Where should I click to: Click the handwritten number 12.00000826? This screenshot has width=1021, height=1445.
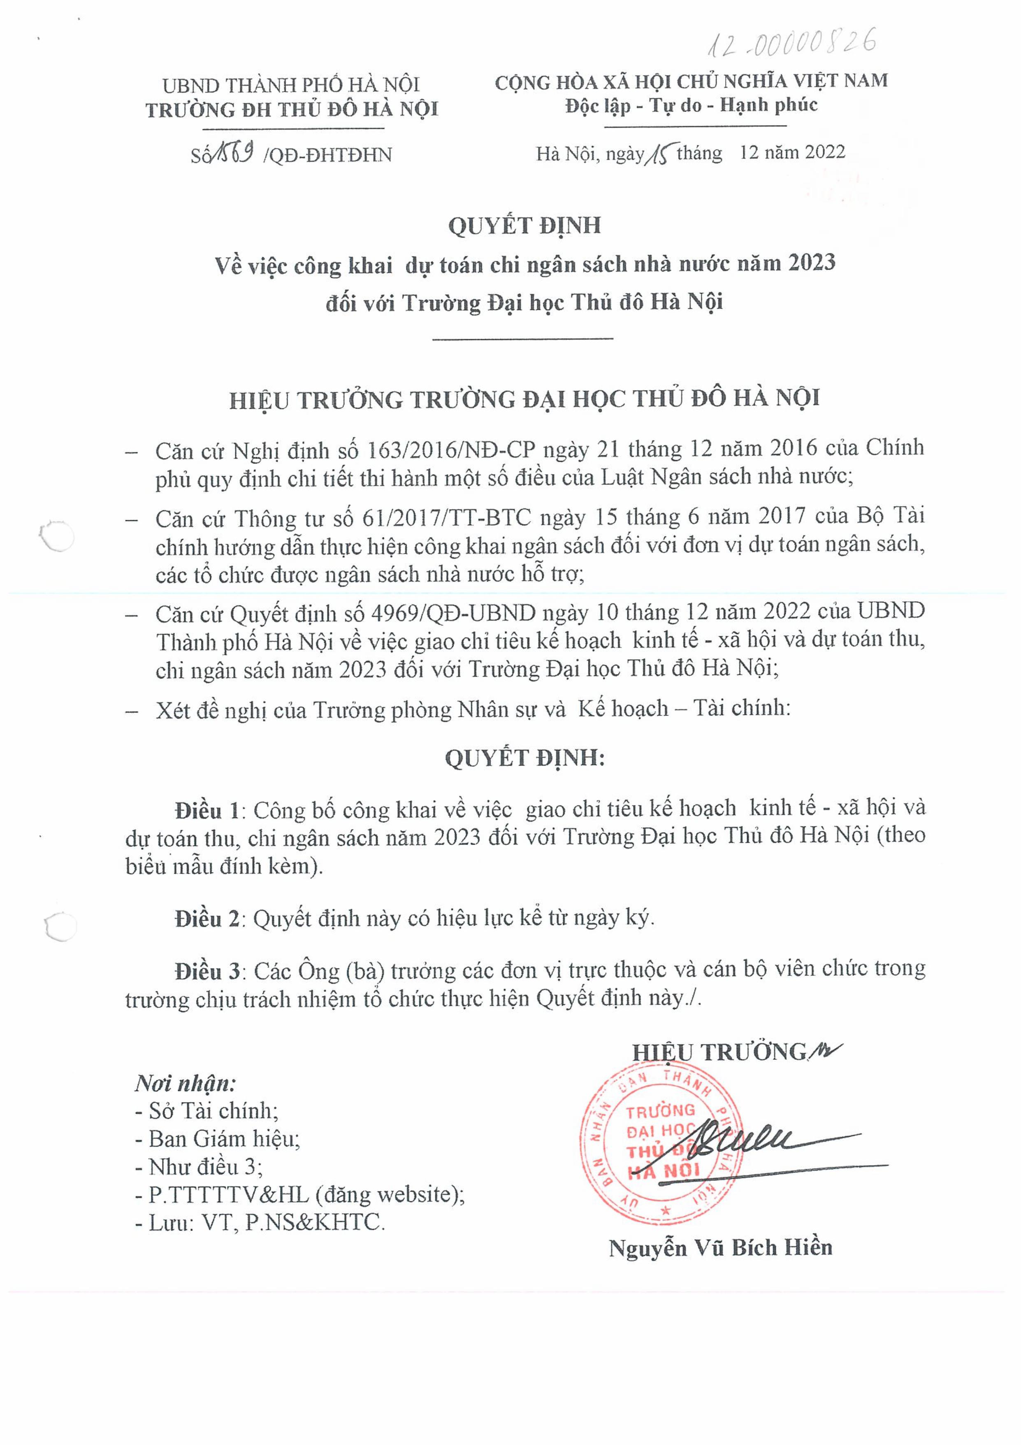click(x=793, y=44)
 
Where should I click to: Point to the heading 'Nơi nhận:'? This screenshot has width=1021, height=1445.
click(x=186, y=1083)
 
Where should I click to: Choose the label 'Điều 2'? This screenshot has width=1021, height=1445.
click(x=207, y=919)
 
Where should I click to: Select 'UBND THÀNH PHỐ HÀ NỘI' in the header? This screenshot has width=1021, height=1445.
click(x=291, y=85)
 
